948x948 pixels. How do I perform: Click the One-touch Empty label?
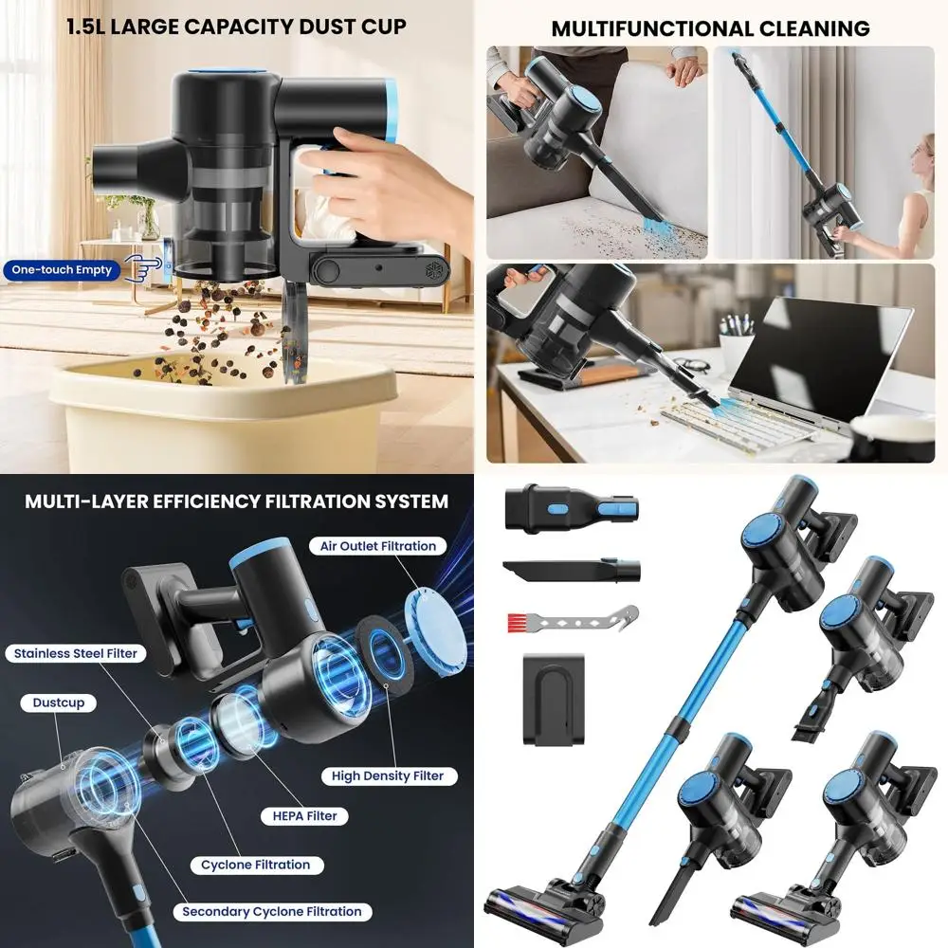tap(62, 270)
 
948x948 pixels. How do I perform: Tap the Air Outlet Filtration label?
tap(378, 546)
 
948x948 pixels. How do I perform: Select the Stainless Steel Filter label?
tap(75, 653)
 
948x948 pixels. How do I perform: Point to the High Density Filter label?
tap(387, 775)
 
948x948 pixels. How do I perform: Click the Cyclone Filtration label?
tap(255, 865)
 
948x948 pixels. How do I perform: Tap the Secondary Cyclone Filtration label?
tap(272, 911)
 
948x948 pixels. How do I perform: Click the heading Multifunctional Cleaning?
tap(710, 28)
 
